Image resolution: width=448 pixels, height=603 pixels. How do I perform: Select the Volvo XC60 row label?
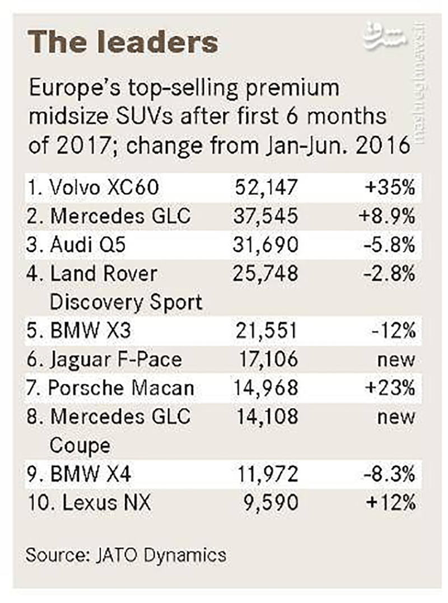(x=92, y=188)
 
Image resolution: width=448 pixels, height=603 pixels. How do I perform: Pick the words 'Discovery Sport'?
(x=125, y=302)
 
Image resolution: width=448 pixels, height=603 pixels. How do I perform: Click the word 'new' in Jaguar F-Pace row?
(x=398, y=359)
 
